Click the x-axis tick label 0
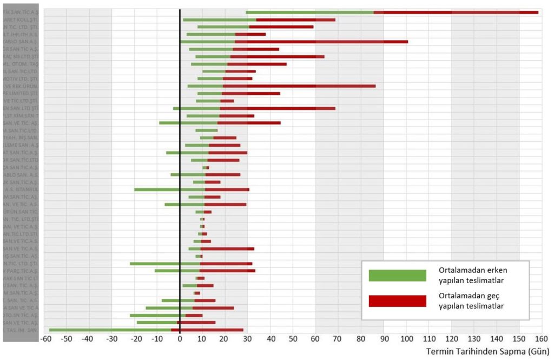(180, 339)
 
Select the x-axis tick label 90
(384, 339)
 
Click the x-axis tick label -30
(111, 339)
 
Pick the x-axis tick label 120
(451, 339)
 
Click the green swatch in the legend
(397, 275)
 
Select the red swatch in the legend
(397, 301)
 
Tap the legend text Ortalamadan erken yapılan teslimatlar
(473, 275)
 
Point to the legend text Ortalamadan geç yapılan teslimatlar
(473, 301)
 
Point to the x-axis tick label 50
(293, 339)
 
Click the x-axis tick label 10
(202, 339)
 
